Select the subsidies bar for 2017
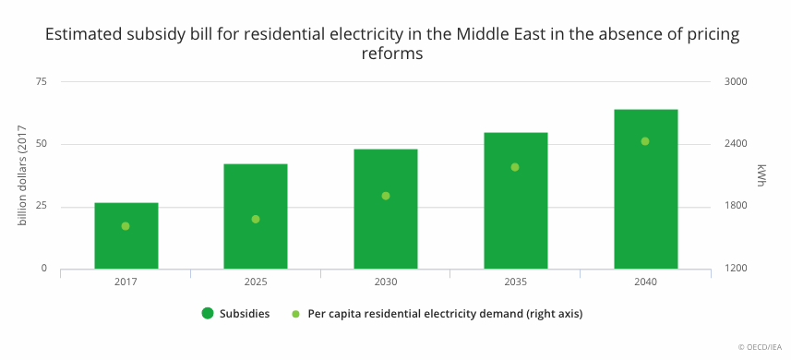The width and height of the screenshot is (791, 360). point(126,235)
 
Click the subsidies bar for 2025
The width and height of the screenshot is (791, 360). point(256,216)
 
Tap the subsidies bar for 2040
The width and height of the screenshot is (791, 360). point(646,189)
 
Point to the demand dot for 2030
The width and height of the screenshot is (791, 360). point(386,196)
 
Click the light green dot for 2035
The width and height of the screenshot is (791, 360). point(515,167)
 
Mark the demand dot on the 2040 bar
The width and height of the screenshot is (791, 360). point(644,141)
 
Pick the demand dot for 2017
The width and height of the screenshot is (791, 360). point(126,226)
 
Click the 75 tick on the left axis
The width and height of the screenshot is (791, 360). point(42,81)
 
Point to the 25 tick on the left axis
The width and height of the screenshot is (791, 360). point(42,206)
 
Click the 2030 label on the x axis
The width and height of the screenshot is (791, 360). point(386,282)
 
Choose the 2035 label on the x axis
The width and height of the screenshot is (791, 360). point(516,282)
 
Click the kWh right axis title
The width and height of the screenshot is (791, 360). point(761,175)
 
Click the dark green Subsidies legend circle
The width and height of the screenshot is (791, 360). point(208,313)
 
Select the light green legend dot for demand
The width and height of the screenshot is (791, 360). point(296,314)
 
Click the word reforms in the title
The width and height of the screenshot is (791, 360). point(392,53)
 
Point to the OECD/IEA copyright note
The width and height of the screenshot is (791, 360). point(760,347)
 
